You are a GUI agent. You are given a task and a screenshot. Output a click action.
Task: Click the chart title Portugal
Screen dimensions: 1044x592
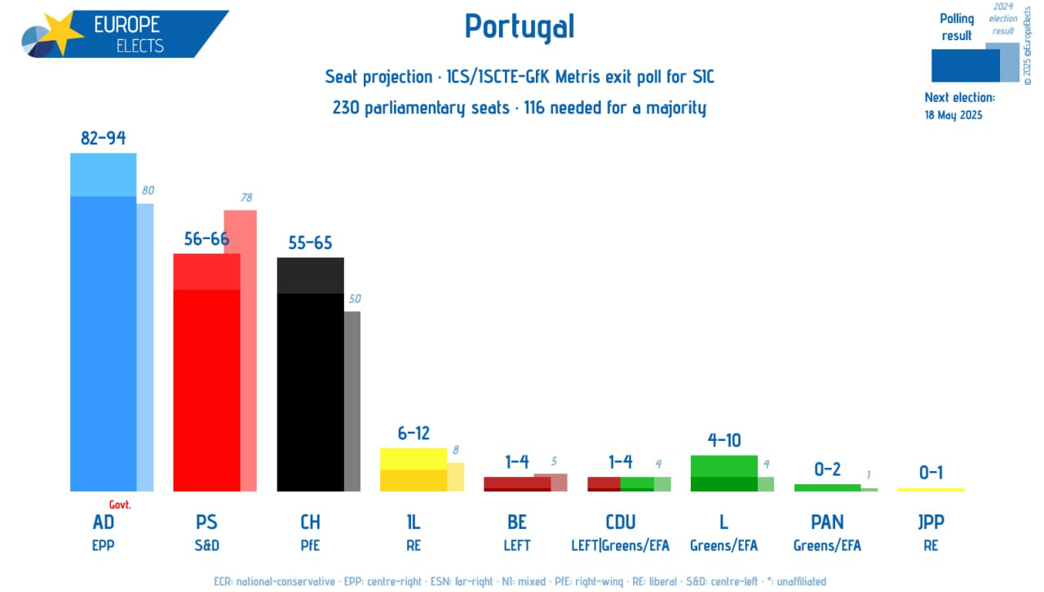pos(520,27)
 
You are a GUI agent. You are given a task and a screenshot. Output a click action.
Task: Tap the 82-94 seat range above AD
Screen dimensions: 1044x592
pos(103,138)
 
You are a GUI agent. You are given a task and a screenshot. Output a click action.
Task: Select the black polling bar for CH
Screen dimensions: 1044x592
pos(311,374)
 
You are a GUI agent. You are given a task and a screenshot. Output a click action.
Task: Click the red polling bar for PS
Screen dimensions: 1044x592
pos(206,372)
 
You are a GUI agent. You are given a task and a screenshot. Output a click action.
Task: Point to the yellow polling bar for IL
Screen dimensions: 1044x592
pos(414,470)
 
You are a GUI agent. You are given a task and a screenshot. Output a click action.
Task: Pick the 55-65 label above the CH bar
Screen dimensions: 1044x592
pos(310,243)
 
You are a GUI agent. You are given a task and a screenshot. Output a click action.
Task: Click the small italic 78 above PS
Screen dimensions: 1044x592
pos(246,198)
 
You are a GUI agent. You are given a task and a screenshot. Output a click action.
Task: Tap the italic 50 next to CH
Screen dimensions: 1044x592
pos(355,299)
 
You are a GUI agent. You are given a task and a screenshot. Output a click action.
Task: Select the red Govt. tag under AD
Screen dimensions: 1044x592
pos(120,505)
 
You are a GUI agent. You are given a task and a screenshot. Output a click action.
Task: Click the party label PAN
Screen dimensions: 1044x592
pos(827,522)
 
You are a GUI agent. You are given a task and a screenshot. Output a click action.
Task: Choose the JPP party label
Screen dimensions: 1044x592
pos(931,522)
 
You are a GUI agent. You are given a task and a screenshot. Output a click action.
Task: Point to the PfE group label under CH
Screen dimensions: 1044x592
pos(310,545)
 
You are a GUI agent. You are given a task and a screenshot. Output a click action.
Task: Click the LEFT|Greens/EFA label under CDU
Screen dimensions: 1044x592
pos(621,545)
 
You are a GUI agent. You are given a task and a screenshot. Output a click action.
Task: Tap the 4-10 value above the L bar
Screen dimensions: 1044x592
pos(723,440)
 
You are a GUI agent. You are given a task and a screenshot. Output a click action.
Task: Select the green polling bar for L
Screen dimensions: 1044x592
pos(723,474)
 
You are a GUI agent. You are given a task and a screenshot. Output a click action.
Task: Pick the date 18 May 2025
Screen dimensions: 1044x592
pos(953,115)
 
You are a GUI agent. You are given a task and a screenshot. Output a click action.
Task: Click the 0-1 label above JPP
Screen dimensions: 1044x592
pos(931,473)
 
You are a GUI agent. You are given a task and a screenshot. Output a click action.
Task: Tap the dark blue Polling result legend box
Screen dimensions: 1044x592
pos(965,66)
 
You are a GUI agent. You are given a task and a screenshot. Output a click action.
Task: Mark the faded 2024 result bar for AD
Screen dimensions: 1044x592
pos(145,348)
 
